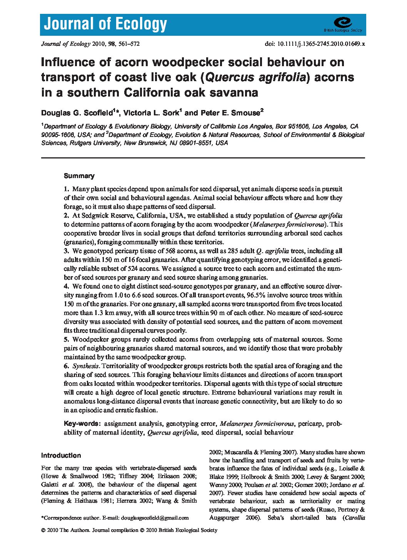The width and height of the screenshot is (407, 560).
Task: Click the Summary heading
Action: pos(79,176)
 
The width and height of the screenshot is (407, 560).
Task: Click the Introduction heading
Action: pos(61,456)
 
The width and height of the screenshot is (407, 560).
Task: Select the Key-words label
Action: pos(81,424)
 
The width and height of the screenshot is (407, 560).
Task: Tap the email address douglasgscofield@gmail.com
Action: pos(155,518)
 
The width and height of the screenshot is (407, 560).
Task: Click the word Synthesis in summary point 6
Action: pos(86,366)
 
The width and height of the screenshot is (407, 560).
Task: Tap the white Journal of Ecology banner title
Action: pos(105,24)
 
